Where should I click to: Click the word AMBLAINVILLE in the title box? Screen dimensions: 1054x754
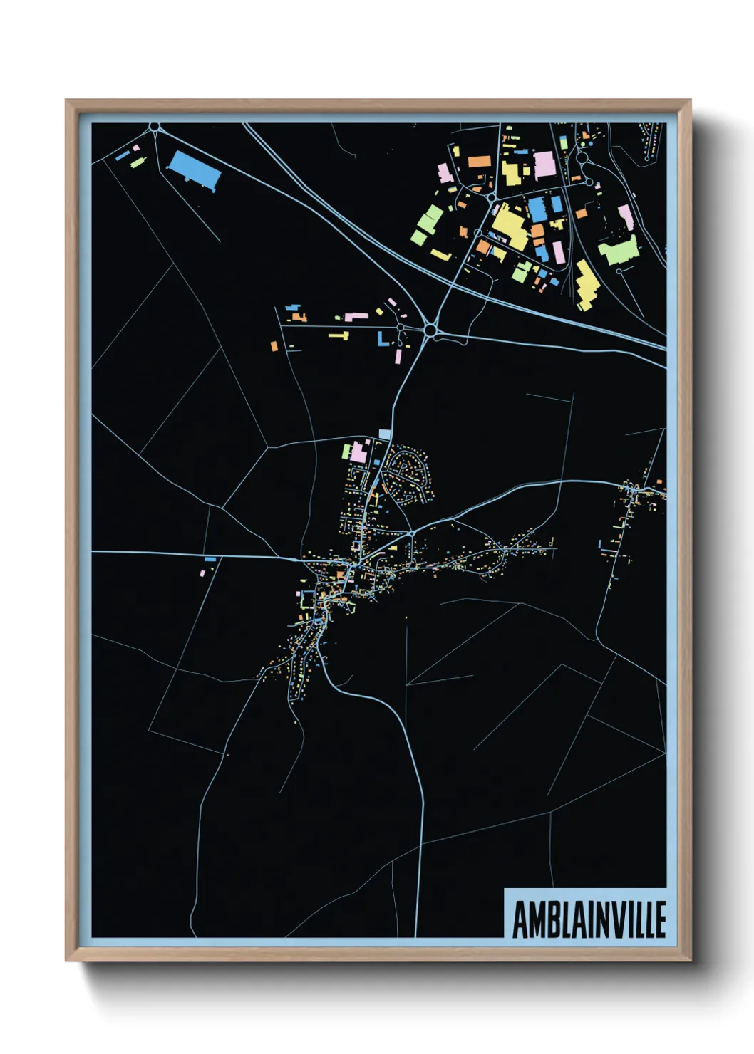(589, 919)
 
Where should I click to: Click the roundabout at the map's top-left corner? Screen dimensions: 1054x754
(155, 127)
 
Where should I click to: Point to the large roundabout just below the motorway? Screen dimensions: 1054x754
(430, 330)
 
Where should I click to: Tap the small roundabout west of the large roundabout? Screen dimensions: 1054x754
(401, 328)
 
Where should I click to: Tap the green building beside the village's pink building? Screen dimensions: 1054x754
(347, 452)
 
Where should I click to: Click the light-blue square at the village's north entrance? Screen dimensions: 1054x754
(385, 434)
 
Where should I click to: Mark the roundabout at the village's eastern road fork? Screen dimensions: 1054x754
(412, 533)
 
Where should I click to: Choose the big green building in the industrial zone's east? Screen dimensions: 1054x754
(617, 250)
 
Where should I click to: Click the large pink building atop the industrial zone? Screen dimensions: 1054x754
(544, 164)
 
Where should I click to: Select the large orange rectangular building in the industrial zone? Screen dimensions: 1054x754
(479, 161)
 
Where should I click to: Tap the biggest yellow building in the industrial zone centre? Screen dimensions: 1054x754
(510, 226)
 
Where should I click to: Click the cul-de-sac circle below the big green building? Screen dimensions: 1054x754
(620, 271)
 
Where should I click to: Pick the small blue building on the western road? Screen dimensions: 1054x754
(210, 559)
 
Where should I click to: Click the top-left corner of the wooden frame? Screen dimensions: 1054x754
(66, 100)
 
